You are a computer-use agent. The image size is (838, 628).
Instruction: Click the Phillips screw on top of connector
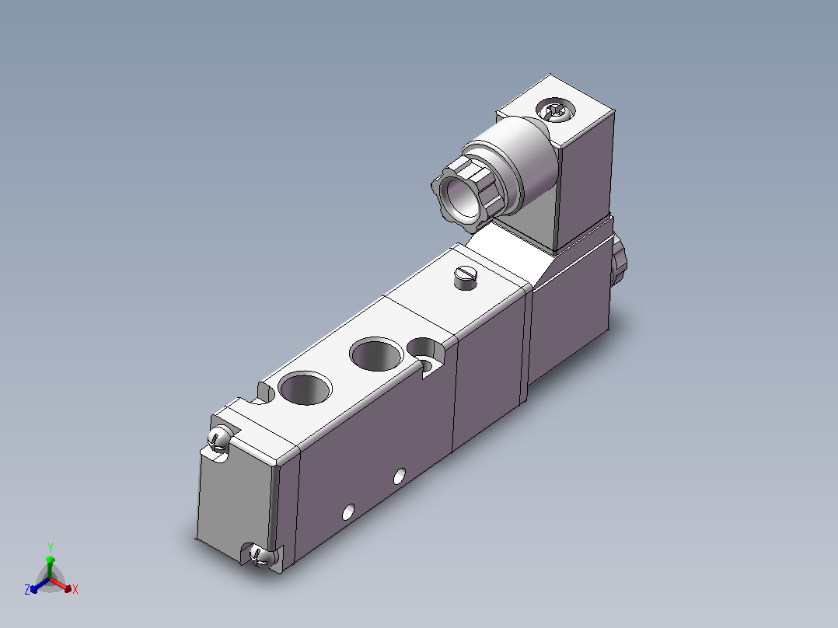pyautogui.click(x=556, y=110)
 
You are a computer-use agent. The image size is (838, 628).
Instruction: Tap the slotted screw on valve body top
pyautogui.click(x=465, y=277)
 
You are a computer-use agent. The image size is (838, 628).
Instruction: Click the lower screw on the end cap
pyautogui.click(x=263, y=556)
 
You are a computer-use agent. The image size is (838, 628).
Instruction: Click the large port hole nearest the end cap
pyautogui.click(x=305, y=388)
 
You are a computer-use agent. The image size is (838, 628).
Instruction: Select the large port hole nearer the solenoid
pyautogui.click(x=376, y=354)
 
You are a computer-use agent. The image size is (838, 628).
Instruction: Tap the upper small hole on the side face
pyautogui.click(x=400, y=476)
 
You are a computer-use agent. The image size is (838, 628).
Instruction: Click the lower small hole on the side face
pyautogui.click(x=348, y=512)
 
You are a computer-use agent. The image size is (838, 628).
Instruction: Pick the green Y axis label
pyautogui.click(x=51, y=547)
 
